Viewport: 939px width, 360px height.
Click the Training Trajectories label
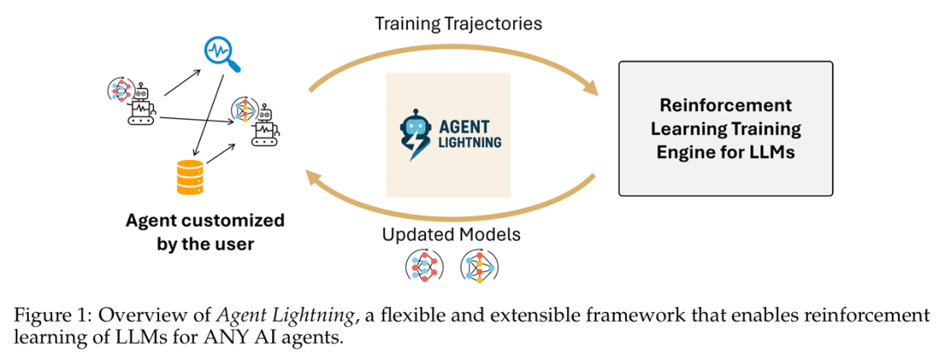pos(458,23)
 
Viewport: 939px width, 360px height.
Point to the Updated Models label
pos(451,235)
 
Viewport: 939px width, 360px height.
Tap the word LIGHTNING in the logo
pos(468,142)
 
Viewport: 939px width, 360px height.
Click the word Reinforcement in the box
pos(725,106)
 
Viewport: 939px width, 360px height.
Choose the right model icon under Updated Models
pos(478,266)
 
